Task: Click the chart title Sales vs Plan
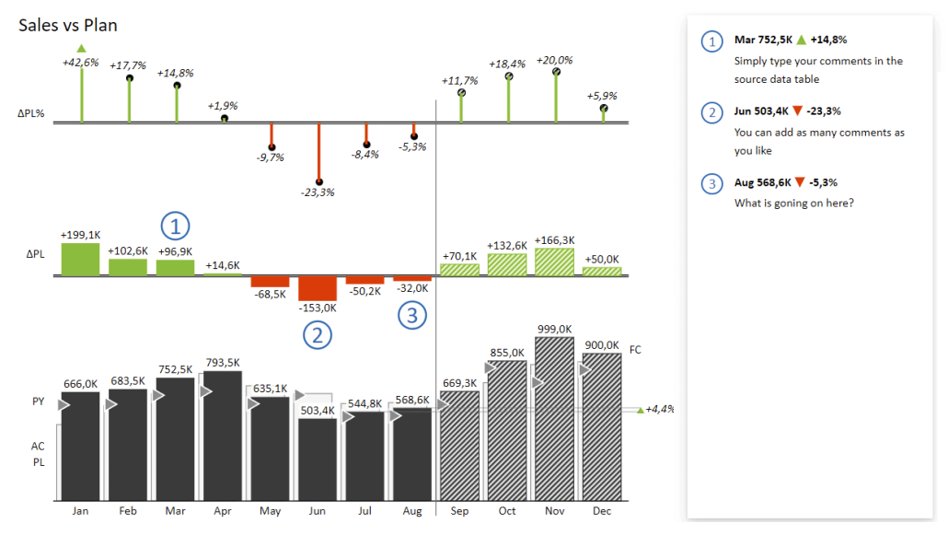67,25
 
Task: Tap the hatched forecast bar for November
554,424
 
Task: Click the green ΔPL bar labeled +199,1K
80,259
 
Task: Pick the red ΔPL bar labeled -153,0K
318,287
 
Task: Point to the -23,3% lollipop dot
318,182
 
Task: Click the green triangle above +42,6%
81,48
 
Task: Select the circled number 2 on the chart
318,335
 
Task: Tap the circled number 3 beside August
412,316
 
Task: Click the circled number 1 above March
175,225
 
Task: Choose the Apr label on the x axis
223,510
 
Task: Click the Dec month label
602,510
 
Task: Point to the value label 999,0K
554,329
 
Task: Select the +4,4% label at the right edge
659,409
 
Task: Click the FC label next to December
635,350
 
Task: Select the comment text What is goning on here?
793,203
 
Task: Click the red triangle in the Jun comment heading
800,111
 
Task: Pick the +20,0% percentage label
554,59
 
